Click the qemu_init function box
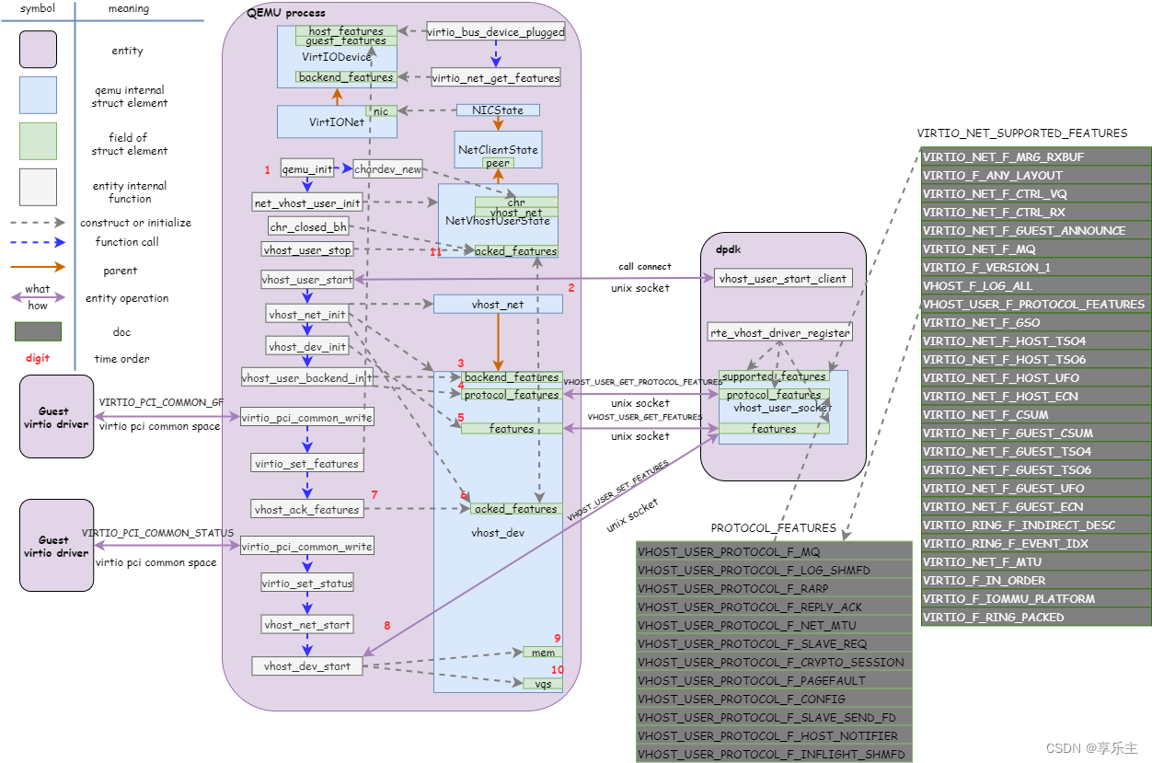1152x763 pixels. [307, 169]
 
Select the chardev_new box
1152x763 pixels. [387, 169]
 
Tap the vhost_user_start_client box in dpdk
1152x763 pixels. [783, 279]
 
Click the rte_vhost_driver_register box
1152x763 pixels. [779, 332]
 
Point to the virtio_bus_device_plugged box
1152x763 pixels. [496, 31]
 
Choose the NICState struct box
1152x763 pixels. [498, 110]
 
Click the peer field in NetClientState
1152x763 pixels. [498, 163]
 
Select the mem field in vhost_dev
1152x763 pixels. [543, 653]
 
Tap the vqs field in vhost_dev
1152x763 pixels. [543, 684]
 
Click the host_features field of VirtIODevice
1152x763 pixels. [346, 31]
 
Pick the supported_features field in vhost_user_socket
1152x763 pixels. [774, 376]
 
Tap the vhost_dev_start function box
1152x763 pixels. [307, 666]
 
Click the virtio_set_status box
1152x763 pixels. [307, 584]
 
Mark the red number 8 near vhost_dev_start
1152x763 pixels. [387, 626]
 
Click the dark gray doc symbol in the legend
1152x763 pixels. [38, 331]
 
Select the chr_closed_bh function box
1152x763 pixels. [307, 226]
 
